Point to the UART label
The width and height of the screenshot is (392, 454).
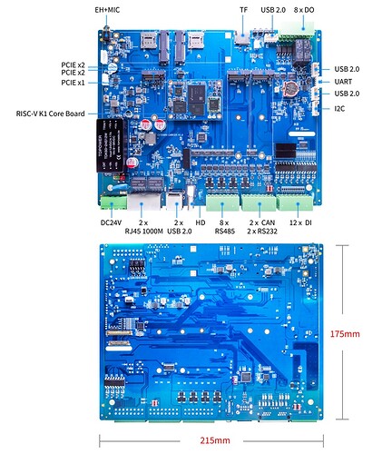pos(343,81)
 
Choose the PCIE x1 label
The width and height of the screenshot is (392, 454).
pos(73,83)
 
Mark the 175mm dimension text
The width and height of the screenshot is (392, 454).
pos(345,334)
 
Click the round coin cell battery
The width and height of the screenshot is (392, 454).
pos(291,87)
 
